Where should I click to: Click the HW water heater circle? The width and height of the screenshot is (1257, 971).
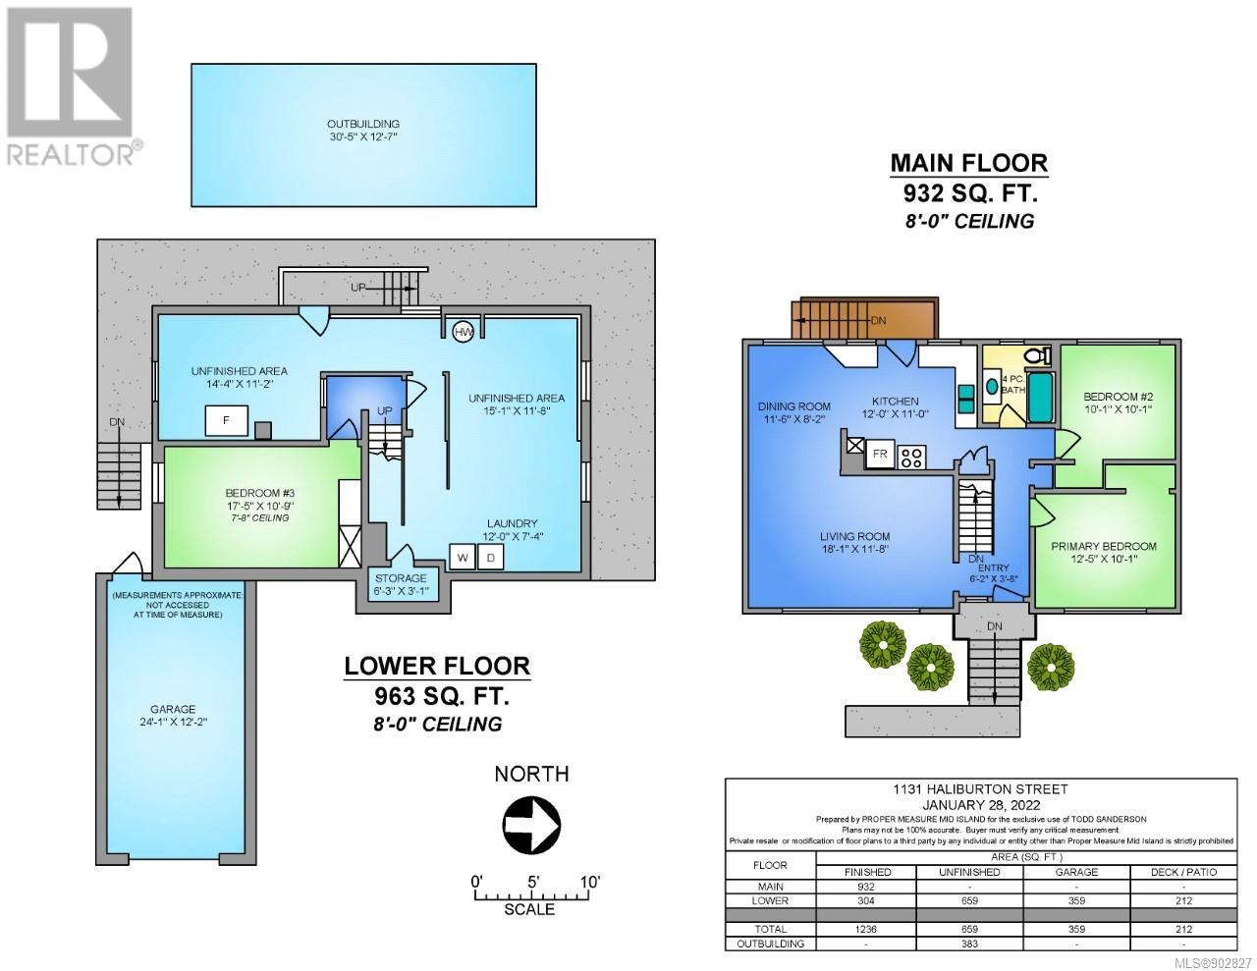(464, 332)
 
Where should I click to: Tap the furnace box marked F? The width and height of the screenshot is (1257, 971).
(226, 420)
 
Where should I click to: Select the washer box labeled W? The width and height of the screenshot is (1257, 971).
(463, 558)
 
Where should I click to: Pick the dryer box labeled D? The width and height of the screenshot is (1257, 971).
(491, 558)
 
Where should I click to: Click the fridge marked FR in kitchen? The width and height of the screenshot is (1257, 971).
(880, 454)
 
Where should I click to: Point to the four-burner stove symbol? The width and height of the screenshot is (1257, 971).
(911, 457)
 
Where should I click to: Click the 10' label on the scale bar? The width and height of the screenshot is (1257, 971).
(589, 882)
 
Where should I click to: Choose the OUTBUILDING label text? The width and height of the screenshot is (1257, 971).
(363, 124)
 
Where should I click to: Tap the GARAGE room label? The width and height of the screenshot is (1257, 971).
(173, 709)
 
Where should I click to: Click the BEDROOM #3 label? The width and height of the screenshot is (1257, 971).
(259, 493)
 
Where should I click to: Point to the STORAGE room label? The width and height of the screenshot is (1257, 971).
(401, 577)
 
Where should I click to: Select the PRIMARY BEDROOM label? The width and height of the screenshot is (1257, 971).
(1104, 546)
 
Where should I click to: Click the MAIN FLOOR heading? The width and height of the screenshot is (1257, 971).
(969, 163)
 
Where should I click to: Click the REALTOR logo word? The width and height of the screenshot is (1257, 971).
(70, 154)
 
